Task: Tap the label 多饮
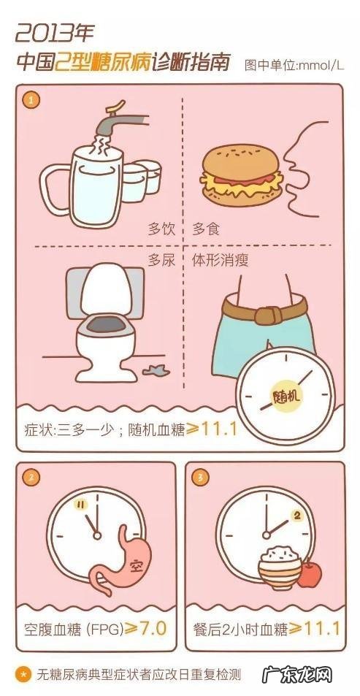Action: point(161,228)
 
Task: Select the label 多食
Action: point(206,228)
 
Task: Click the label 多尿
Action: point(161,259)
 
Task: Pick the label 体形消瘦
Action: point(226,259)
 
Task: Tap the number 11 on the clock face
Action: point(82,504)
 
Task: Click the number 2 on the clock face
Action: point(296,515)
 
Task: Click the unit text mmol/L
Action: point(318,66)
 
